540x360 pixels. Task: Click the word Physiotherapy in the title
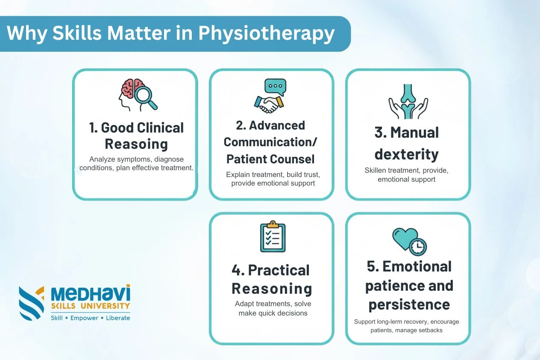267,34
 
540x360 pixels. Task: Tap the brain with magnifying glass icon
138,95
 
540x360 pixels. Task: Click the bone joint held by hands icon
408,101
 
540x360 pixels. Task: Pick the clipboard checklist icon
273,236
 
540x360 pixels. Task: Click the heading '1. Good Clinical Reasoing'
136,136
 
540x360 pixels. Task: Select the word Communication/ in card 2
270,142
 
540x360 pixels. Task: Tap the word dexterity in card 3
407,154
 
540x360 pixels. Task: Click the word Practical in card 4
279,270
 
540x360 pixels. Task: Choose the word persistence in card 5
409,305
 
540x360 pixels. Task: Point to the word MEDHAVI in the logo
91,293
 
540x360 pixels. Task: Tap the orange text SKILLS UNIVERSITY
91,306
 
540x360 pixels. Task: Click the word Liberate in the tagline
118,318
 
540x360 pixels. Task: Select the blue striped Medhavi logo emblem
31,303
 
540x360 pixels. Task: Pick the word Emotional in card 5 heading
417,267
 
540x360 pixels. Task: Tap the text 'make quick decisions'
273,313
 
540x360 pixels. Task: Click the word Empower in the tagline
84,318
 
